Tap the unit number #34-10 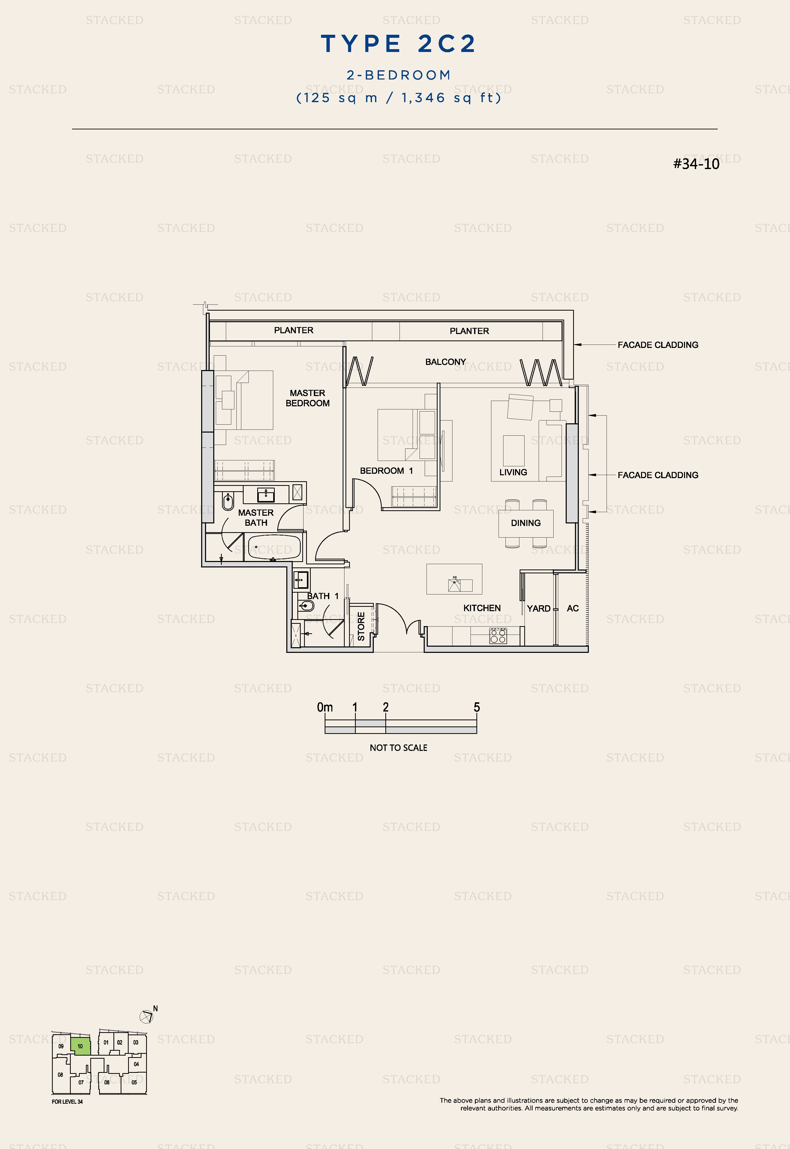pos(696,164)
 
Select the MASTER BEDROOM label pos(307,398)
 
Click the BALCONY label pos(446,362)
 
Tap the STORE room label pos(361,626)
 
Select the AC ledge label pos(573,608)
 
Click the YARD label pos(539,608)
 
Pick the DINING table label pos(526,523)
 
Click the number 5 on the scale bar pos(477,707)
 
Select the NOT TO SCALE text pos(398,748)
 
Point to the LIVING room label pos(513,472)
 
